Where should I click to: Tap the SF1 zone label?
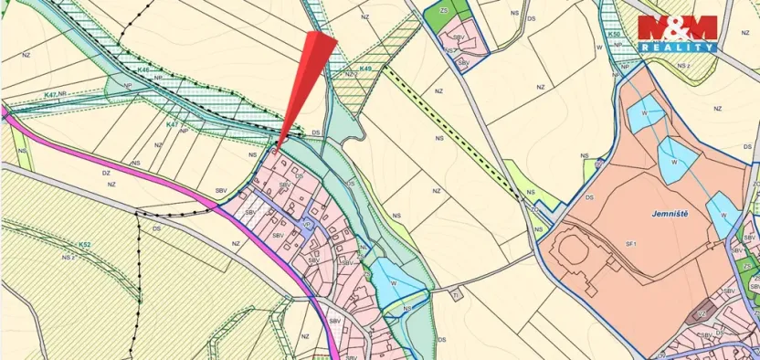point(630,245)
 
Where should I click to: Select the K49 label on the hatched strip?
point(365,69)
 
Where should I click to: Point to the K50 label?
point(615,35)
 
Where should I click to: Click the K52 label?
point(84,245)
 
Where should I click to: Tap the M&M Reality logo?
point(677,33)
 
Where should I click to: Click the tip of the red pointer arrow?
point(278,143)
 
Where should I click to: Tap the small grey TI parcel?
point(455,293)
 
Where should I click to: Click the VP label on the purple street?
point(307,222)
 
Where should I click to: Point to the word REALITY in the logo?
point(677,47)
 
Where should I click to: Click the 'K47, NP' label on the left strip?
point(57,93)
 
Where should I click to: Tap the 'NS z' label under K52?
point(67,258)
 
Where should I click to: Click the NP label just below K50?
point(625,66)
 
